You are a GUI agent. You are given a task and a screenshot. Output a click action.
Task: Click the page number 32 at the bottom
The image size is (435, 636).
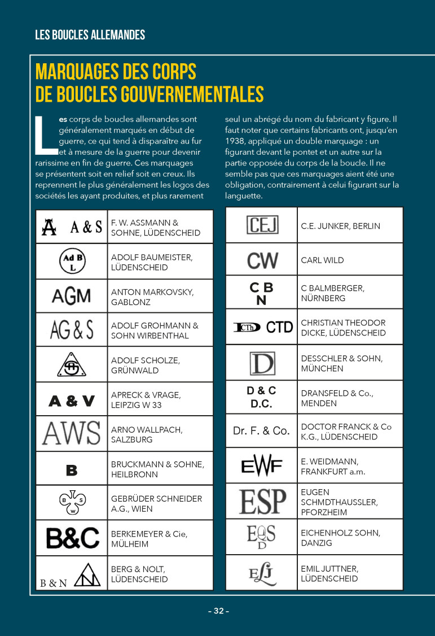point(218,611)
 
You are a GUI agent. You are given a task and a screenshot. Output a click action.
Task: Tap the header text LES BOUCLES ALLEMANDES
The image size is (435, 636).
point(90,35)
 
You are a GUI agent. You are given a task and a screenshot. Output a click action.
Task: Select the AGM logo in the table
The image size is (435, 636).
point(71,296)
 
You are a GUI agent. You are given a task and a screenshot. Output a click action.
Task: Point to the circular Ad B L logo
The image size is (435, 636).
point(72,261)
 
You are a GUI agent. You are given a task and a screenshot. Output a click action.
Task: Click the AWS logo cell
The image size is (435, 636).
point(71,434)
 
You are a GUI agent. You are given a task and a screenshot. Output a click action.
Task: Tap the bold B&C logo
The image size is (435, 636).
point(72,538)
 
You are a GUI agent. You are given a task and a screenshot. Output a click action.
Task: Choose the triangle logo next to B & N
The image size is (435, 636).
point(87,574)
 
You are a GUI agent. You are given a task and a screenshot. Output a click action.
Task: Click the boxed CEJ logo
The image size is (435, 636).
point(262,225)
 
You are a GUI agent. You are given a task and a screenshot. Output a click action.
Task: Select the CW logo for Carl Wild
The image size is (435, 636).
point(262,260)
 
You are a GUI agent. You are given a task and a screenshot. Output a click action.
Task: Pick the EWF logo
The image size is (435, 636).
point(261,466)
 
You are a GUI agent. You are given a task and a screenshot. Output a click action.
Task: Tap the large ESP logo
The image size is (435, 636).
point(262,501)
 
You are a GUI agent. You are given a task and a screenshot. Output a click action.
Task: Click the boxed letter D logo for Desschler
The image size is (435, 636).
point(262,363)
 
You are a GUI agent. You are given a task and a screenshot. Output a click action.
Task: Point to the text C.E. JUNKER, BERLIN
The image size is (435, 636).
point(340,226)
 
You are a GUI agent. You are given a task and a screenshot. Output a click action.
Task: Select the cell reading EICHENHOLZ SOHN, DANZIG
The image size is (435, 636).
point(340,537)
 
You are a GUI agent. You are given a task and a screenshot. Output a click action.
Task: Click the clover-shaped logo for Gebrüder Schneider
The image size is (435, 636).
point(72,503)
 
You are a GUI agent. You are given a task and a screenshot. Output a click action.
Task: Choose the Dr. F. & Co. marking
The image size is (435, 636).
point(261,431)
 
